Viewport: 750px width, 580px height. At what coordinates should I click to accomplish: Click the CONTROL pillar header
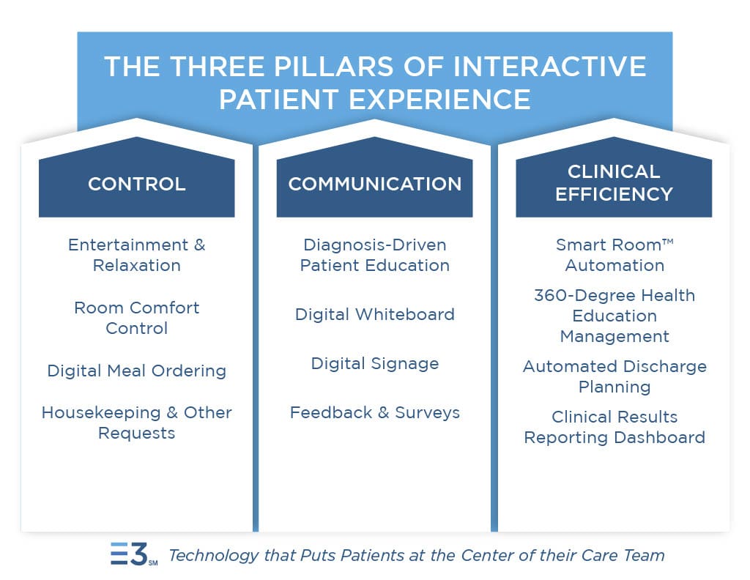pos(136,183)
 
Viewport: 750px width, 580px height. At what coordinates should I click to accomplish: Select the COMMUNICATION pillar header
pos(374,183)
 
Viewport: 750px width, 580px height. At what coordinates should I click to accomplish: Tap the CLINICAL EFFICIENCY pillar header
pos(614,182)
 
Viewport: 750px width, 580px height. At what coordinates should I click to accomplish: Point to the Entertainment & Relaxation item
pos(136,255)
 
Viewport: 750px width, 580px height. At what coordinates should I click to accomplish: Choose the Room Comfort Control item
pos(136,318)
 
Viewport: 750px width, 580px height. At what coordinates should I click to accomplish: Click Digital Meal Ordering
pos(136,371)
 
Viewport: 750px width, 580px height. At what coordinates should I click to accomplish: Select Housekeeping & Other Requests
pos(136,423)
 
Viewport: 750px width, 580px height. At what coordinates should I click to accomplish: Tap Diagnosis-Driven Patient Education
pos(374,255)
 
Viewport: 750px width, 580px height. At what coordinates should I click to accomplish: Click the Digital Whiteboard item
pos(374,314)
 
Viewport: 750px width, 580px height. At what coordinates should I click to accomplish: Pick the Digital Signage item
pos(374,363)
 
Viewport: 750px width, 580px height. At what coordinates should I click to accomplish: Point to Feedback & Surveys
pos(374,412)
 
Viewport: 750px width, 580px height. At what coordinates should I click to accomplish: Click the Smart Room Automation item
pos(614,255)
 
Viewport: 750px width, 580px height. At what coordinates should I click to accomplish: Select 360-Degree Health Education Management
pos(614,316)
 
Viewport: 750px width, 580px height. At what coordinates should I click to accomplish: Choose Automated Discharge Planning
pos(614,376)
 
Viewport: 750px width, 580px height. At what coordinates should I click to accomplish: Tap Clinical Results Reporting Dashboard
pos(614,427)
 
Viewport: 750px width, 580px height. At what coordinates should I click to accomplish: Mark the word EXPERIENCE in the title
pos(439,98)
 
